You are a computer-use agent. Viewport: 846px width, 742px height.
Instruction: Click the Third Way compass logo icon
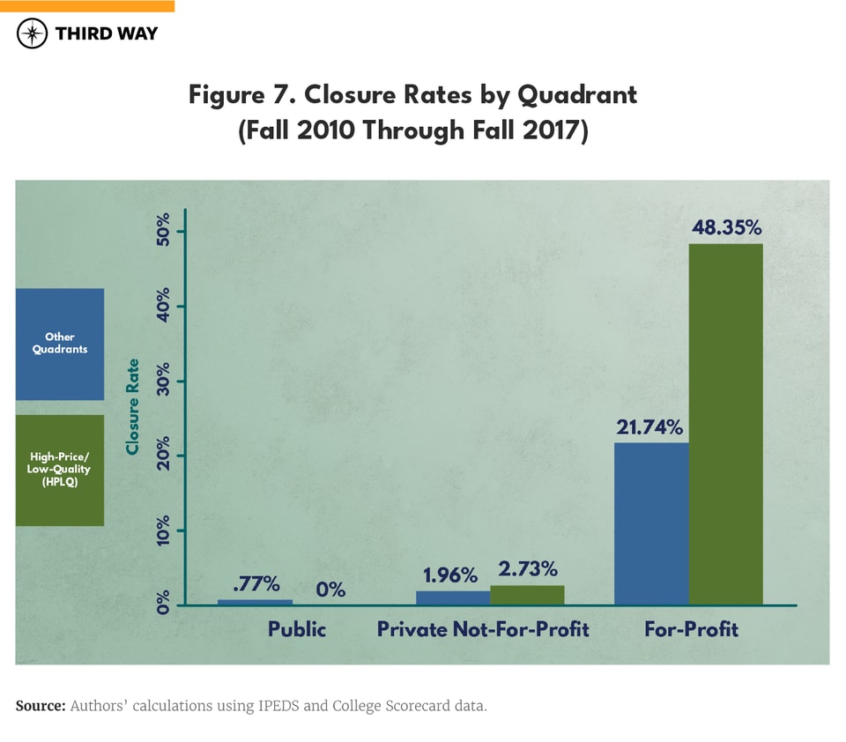coord(33,34)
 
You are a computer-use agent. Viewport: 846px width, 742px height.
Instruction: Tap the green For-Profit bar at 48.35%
coord(725,424)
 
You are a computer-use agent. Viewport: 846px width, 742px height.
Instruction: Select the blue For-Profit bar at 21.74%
coord(651,523)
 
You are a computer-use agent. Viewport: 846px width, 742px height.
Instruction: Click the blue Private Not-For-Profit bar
coord(452,597)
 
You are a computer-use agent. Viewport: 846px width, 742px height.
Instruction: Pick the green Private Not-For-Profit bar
coord(527,595)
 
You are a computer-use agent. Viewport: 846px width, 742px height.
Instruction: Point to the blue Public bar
coord(255,602)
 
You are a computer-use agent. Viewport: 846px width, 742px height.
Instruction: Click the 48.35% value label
coord(725,228)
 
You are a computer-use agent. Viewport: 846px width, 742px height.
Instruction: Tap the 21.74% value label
coord(650,427)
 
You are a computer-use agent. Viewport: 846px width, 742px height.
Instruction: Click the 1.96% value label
coord(450,575)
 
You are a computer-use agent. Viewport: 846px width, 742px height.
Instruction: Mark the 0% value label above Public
coord(330,590)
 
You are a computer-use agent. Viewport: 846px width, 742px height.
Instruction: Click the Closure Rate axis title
coord(133,406)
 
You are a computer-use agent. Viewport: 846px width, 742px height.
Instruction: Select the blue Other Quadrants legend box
coord(60,343)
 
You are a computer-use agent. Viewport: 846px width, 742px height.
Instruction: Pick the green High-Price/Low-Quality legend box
coord(60,470)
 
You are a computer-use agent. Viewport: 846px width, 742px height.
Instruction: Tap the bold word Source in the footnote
coord(40,706)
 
